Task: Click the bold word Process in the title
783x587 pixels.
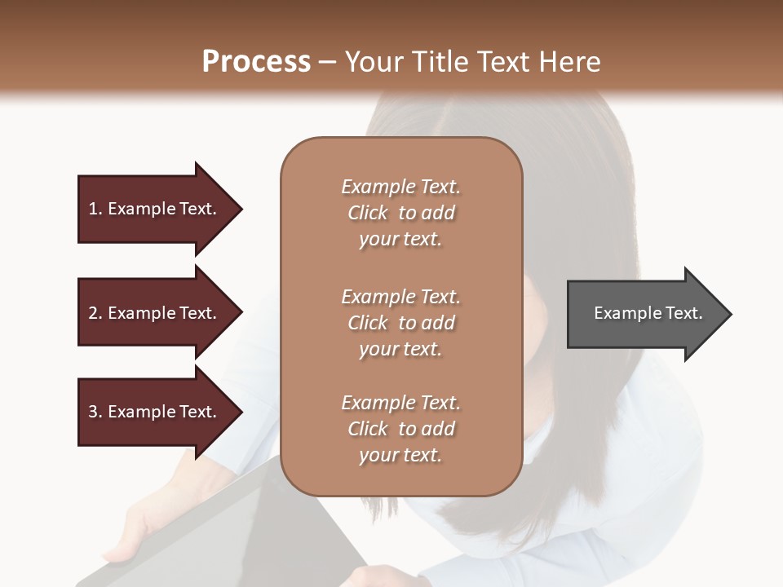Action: (x=256, y=62)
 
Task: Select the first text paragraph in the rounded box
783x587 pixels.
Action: (x=400, y=213)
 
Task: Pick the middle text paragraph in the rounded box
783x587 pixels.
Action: (x=400, y=323)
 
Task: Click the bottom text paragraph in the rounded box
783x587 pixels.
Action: (x=400, y=429)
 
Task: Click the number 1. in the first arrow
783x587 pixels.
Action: (x=95, y=209)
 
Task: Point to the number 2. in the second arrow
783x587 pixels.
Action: (x=95, y=313)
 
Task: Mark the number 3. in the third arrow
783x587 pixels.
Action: (x=95, y=412)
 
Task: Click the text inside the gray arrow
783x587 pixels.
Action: (x=648, y=313)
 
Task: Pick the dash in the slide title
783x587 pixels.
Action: (x=327, y=62)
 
